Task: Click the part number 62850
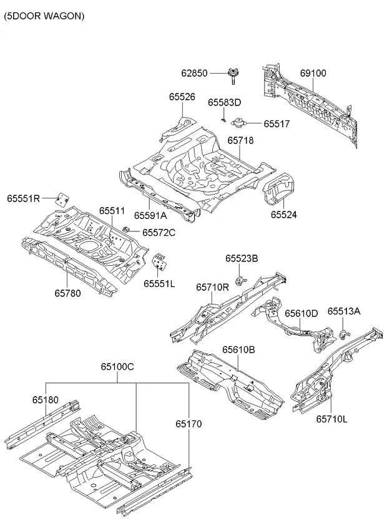click(194, 73)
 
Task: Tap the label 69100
click(313, 73)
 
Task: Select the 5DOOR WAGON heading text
click(44, 17)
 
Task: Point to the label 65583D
click(224, 102)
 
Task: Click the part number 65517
click(277, 124)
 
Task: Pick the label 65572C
click(159, 232)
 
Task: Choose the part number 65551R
click(24, 198)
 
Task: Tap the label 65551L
click(159, 283)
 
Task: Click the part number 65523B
click(242, 258)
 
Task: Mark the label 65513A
click(344, 311)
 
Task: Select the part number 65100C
click(118, 367)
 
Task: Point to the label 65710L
click(331, 419)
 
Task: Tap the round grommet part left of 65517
click(238, 123)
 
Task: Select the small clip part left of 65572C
click(127, 231)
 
